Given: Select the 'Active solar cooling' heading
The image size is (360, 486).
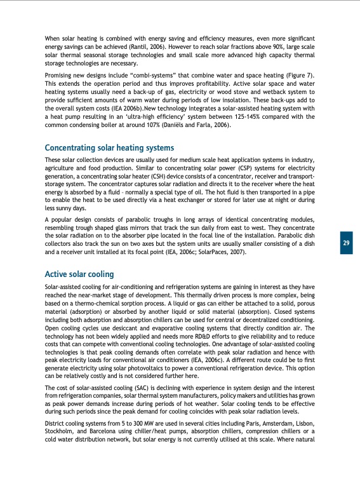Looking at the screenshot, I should pos(79,274).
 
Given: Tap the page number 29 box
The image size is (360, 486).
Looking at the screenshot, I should pos(345,243).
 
